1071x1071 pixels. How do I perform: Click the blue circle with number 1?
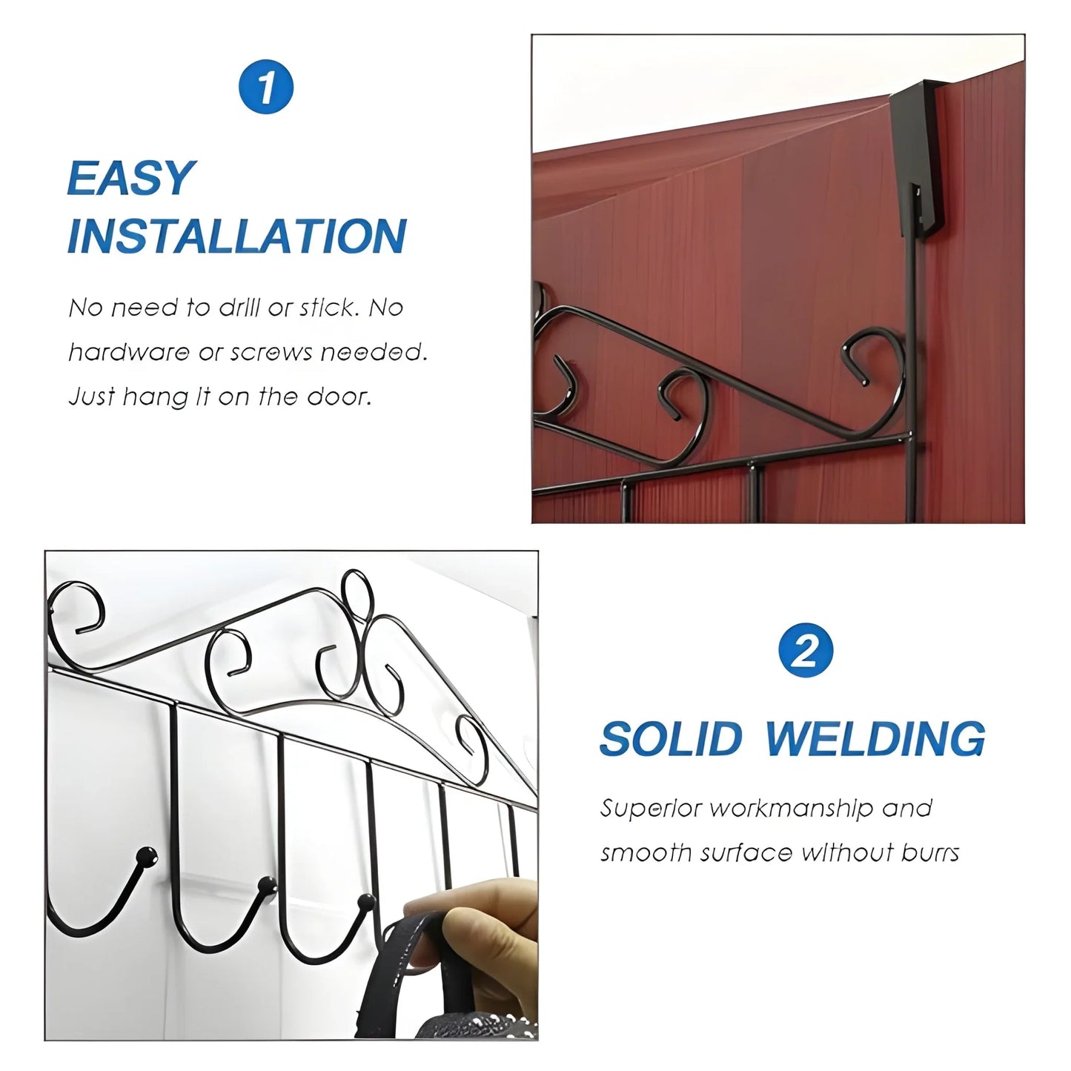(266, 87)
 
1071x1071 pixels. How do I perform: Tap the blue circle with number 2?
(806, 651)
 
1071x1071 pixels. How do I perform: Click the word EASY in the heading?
(130, 179)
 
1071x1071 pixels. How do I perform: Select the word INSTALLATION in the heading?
(236, 236)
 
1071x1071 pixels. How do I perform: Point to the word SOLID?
(671, 739)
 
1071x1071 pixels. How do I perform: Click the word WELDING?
(875, 739)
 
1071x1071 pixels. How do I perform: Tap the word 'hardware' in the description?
(128, 352)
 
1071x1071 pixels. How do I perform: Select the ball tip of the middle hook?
(265, 883)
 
